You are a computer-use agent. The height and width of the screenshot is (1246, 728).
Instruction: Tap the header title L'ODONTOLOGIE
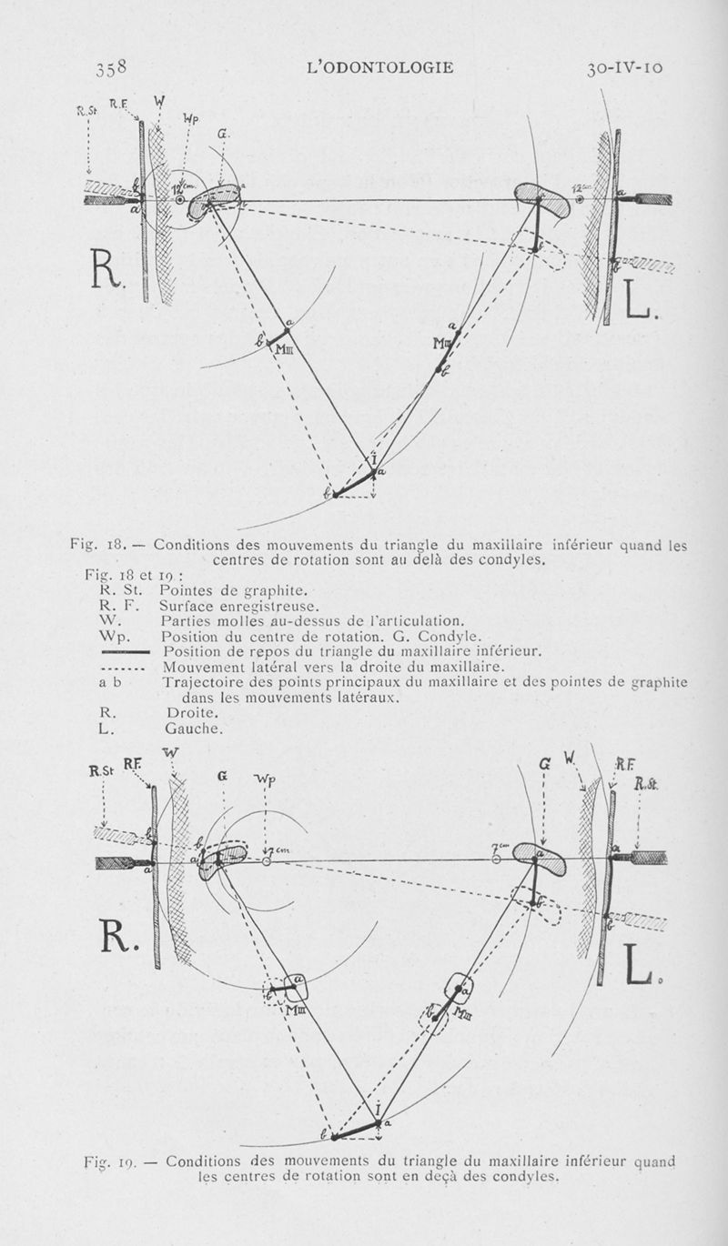point(381,67)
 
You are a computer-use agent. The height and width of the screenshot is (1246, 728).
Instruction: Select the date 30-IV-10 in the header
point(632,67)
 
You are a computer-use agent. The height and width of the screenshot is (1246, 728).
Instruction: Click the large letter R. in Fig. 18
point(106,269)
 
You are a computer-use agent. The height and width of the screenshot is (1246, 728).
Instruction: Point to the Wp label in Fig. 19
point(264,780)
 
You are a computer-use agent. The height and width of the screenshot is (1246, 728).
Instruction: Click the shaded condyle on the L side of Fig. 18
point(541,198)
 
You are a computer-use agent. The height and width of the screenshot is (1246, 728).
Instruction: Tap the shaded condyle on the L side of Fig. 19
point(540,858)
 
